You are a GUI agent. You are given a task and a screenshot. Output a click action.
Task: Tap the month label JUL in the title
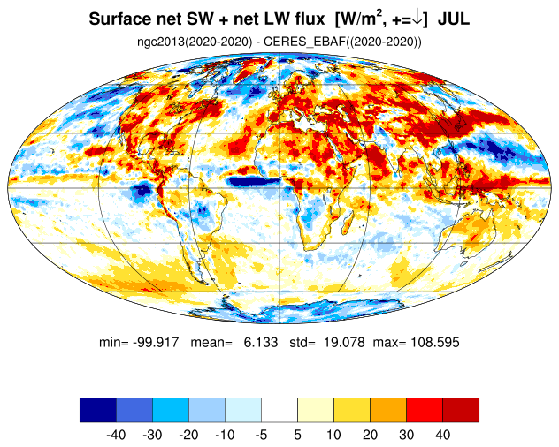(454, 19)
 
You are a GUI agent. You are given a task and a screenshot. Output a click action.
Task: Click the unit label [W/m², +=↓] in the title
(380, 19)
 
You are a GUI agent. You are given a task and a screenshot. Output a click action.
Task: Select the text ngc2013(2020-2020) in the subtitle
(195, 42)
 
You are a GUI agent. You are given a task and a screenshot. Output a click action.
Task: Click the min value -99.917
(156, 342)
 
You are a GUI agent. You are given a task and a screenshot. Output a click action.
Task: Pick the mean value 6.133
(261, 342)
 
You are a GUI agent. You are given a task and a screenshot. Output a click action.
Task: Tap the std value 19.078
(344, 342)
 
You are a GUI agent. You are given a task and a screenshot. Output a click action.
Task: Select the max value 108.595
(435, 342)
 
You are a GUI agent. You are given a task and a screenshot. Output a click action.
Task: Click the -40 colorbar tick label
(116, 435)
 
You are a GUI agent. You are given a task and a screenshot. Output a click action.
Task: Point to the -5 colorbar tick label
(261, 435)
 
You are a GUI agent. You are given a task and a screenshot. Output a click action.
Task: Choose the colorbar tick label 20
(370, 435)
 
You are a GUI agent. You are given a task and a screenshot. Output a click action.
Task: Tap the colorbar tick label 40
(442, 435)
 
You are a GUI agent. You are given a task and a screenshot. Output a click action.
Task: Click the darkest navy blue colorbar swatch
(98, 410)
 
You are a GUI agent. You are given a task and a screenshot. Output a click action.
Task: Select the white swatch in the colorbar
(279, 410)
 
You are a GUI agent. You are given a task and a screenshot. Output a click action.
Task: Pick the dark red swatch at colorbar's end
(461, 410)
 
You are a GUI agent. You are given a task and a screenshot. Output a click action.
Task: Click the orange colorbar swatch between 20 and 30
(388, 410)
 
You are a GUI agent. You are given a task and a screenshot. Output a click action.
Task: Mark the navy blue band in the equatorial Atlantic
(254, 182)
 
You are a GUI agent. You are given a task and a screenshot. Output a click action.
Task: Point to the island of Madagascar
(348, 224)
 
